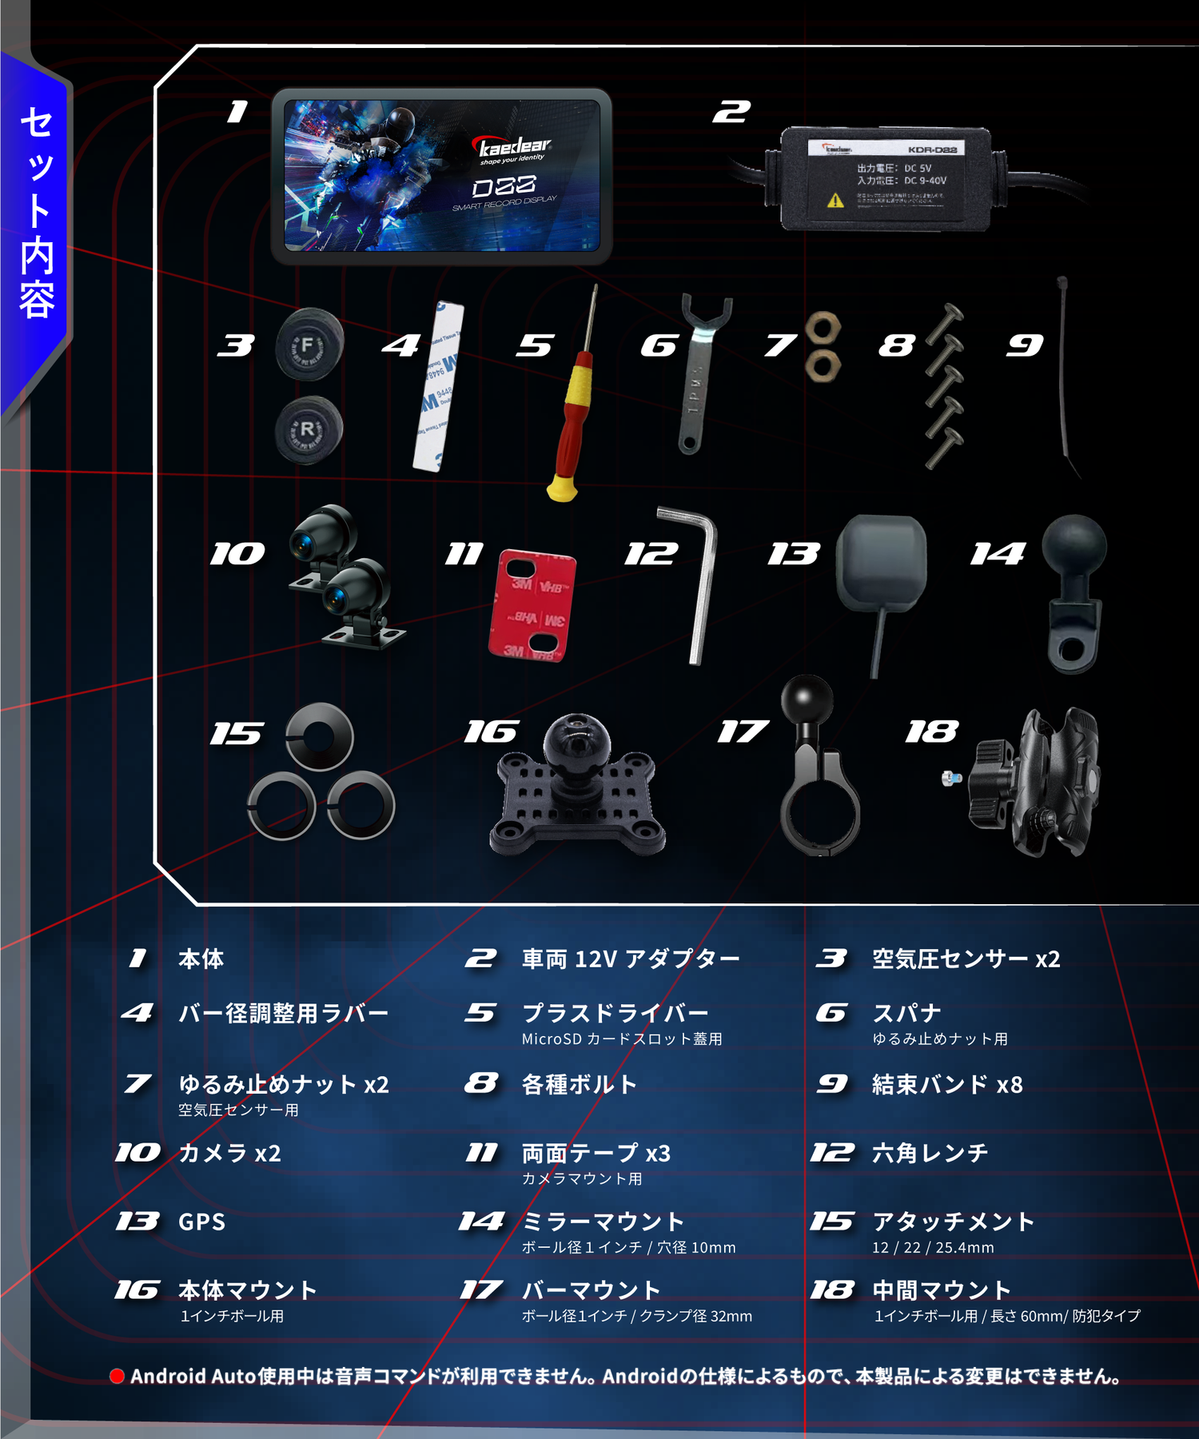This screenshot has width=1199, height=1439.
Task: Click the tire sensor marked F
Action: tap(309, 346)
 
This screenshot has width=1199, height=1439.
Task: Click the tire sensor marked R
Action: tap(309, 430)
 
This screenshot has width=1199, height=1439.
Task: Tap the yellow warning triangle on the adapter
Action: tap(835, 201)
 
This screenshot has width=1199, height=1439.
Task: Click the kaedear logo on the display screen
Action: tap(514, 147)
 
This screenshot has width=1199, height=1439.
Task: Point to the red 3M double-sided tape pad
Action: tap(532, 605)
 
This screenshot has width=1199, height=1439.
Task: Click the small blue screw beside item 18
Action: tap(950, 778)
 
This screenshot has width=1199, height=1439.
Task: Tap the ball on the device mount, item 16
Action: tap(576, 740)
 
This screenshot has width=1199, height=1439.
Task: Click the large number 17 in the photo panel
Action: tap(743, 731)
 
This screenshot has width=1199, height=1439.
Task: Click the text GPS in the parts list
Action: tap(201, 1222)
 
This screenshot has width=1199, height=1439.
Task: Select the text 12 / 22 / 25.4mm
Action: tap(933, 1247)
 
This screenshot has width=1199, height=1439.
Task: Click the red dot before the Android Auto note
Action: tap(118, 1376)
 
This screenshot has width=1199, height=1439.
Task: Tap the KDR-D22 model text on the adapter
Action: tap(932, 149)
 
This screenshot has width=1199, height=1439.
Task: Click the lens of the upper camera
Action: tap(303, 545)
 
